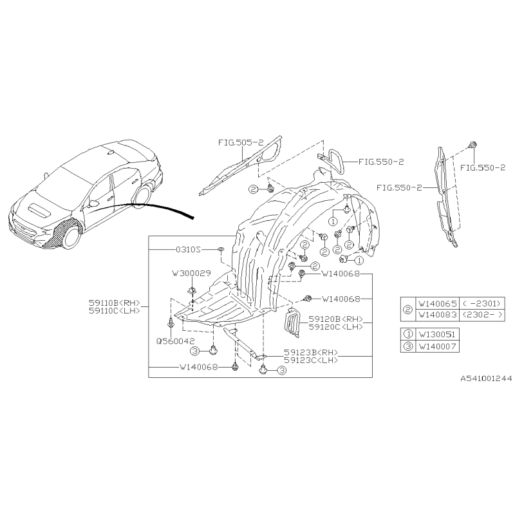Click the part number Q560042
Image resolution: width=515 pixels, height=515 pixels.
pos(175,341)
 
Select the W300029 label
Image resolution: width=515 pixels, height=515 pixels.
pos(192,273)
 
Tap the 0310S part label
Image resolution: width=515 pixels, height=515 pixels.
pos(188,250)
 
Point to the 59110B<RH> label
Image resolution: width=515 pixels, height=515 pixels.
pos(115,303)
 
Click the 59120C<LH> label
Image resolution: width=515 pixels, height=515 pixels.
pos(335,327)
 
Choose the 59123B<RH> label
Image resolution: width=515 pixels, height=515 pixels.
pos(311,352)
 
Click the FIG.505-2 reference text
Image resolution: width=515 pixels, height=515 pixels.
pos(241,142)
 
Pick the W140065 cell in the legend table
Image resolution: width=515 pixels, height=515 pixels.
pos(438,303)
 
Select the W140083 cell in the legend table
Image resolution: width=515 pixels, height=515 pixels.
pos(438,315)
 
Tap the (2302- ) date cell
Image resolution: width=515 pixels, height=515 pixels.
pos(482,315)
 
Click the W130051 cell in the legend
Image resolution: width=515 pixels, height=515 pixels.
pos(438,334)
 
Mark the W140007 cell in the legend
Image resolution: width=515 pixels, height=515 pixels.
pos(438,346)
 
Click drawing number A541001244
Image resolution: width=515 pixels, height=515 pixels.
pos(486,379)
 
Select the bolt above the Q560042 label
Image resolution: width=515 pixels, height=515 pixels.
pos(171,323)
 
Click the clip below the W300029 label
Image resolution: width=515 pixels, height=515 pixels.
pos(191,291)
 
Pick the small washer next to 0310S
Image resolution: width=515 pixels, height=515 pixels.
pos(221,250)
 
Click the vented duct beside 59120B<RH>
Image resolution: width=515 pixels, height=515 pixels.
pos(292,323)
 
